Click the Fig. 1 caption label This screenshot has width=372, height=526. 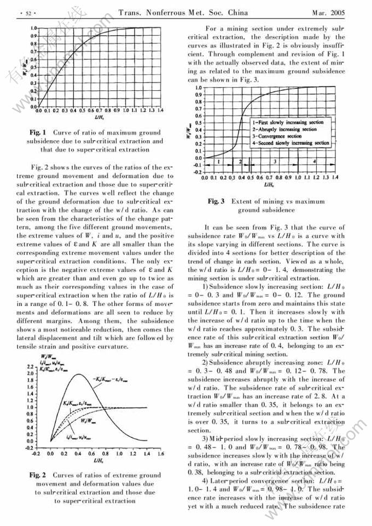coord(38,132)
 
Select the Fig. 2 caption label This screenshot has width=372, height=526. coord(38,475)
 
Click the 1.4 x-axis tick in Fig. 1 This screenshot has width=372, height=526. coord(160,110)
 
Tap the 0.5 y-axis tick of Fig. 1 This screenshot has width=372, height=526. coord(34,67)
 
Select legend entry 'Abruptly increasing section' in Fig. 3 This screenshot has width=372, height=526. coord(284,129)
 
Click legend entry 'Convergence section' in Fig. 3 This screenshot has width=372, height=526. coord(278,136)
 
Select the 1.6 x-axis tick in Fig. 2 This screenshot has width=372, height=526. coord(160,454)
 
